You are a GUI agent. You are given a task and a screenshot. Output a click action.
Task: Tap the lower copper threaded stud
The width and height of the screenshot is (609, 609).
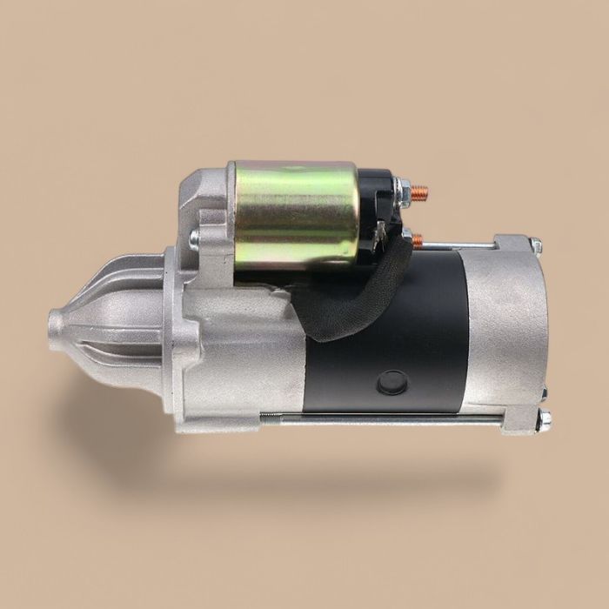click(418, 238)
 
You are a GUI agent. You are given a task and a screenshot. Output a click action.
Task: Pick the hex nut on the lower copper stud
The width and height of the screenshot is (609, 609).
click(406, 236)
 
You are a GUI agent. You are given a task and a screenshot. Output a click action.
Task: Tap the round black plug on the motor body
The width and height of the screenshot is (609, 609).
click(393, 382)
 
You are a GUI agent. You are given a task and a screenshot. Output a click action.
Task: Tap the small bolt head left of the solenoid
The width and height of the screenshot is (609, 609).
click(194, 238)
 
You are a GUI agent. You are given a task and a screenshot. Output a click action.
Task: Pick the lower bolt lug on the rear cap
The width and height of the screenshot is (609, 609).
click(520, 421)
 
